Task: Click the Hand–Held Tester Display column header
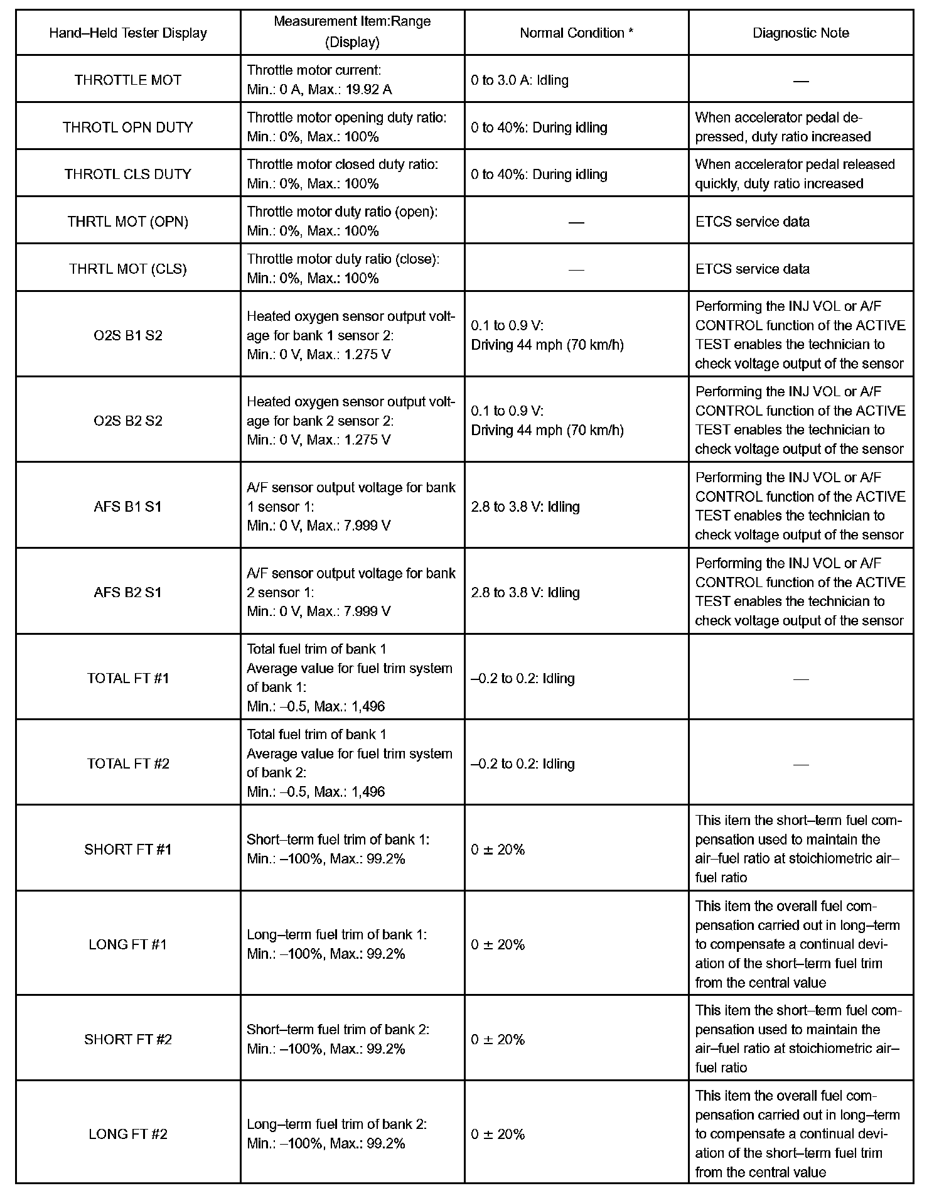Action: click(128, 33)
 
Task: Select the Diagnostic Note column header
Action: click(800, 33)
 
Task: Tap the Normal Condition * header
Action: click(576, 33)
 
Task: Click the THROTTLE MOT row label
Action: click(128, 80)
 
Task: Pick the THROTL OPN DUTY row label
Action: click(128, 127)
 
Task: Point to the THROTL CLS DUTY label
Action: click(128, 175)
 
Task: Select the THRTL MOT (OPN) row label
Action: click(128, 222)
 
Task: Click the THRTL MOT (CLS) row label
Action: click(128, 269)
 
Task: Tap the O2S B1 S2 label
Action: click(128, 335)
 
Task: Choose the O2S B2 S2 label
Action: click(128, 421)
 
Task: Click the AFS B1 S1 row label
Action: click(128, 507)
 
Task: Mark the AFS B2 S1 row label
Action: click(128, 592)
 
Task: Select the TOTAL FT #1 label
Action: click(128, 678)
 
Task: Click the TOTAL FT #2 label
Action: click(128, 764)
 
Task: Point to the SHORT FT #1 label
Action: click(128, 850)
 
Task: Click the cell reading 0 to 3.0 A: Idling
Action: click(520, 80)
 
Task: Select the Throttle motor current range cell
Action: click(319, 80)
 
